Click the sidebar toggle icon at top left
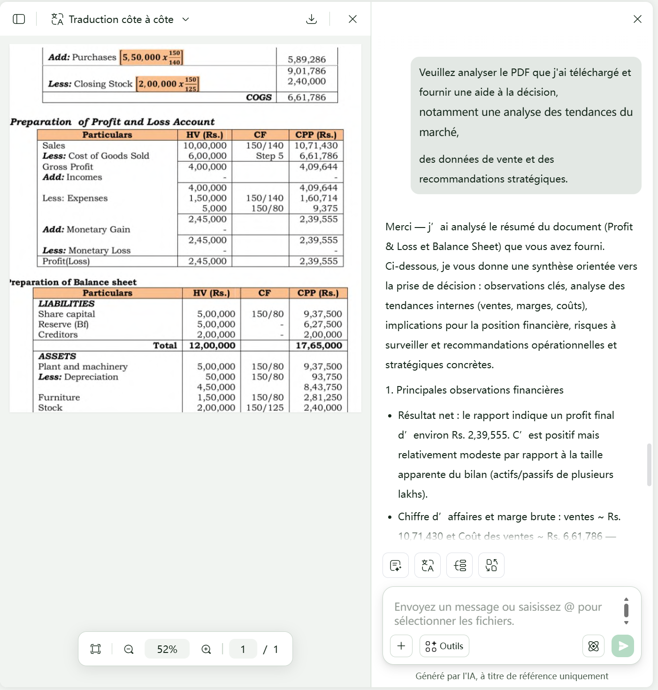[19, 19]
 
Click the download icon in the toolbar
[311, 19]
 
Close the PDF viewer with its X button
[352, 19]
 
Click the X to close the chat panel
[637, 19]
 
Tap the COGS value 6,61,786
[306, 98]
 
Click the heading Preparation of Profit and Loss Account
[112, 122]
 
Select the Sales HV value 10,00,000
[205, 146]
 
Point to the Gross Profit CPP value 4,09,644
[318, 167]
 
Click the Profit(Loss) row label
[66, 261]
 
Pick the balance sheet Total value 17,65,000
[319, 346]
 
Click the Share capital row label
[67, 314]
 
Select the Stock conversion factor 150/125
[265, 408]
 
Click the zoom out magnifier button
[129, 649]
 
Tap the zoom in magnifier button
[206, 649]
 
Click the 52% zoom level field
[167, 649]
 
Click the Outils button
[444, 646]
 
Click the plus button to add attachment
[401, 646]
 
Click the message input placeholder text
[497, 614]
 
